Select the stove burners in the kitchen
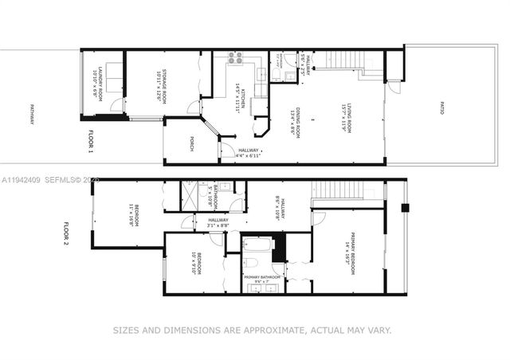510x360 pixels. tap(236, 57)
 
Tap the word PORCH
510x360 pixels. tap(191, 143)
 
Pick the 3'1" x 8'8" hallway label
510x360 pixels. tap(218, 222)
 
